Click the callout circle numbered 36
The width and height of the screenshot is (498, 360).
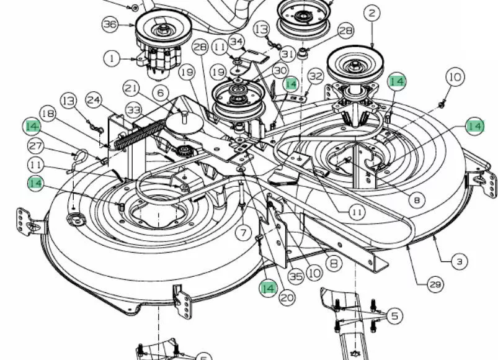[110, 24]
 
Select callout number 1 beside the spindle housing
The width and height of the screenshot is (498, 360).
[112, 58]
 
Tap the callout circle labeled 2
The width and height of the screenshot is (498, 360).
[371, 14]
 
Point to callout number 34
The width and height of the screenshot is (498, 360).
[237, 42]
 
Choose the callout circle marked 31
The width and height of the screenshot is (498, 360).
[288, 55]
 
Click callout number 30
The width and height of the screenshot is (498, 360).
[280, 71]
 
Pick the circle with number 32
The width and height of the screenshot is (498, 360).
[316, 76]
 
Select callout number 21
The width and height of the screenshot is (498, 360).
[132, 88]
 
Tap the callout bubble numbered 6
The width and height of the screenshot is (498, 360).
[161, 92]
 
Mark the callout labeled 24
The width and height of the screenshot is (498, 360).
[94, 101]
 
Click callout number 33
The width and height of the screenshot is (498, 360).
[134, 110]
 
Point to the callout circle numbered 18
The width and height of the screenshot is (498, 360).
[48, 114]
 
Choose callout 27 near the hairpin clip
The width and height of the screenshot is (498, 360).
[35, 146]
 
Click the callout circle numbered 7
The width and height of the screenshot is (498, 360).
[243, 233]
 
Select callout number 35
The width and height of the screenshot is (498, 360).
[296, 276]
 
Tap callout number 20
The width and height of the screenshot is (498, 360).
[287, 298]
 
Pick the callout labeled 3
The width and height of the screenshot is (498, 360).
[460, 261]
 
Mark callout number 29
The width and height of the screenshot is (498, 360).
[435, 284]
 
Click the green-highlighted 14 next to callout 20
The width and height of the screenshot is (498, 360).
[268, 289]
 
